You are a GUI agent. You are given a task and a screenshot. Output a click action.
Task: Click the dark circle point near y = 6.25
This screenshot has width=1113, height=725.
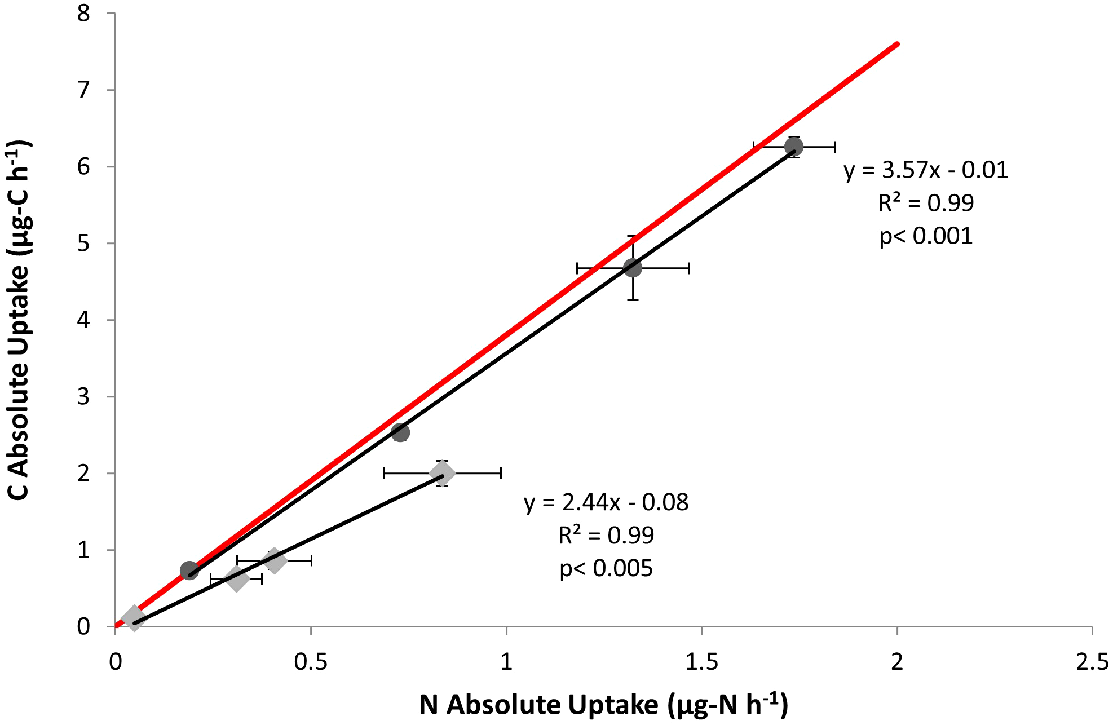click(793, 147)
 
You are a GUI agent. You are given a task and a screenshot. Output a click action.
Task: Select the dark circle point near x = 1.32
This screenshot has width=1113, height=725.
click(633, 268)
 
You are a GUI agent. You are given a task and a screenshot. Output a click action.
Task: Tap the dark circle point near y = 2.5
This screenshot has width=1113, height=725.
click(400, 432)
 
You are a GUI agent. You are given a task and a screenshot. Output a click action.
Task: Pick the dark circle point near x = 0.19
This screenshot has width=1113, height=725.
click(189, 570)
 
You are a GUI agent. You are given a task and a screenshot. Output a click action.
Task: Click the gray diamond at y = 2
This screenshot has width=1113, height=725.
click(442, 473)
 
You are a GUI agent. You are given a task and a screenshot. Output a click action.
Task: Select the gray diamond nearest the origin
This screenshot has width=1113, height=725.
click(134, 618)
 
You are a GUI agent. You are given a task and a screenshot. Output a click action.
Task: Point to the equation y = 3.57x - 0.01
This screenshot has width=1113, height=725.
click(925, 170)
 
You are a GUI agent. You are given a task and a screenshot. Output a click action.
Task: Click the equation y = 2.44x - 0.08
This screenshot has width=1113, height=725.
click(606, 502)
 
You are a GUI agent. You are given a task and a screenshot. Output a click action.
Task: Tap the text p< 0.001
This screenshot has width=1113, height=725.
click(926, 236)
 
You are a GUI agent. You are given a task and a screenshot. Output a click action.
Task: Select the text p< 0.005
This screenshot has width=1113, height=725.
click(606, 568)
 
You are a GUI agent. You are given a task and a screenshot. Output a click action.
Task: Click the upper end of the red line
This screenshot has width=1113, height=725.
click(896, 44)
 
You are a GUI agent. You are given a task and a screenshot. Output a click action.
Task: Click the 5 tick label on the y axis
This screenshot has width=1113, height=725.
click(83, 244)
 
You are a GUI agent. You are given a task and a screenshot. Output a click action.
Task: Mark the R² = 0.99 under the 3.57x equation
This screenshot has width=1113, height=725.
click(926, 203)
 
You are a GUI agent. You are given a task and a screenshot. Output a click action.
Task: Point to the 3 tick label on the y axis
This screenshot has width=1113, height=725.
click(83, 397)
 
